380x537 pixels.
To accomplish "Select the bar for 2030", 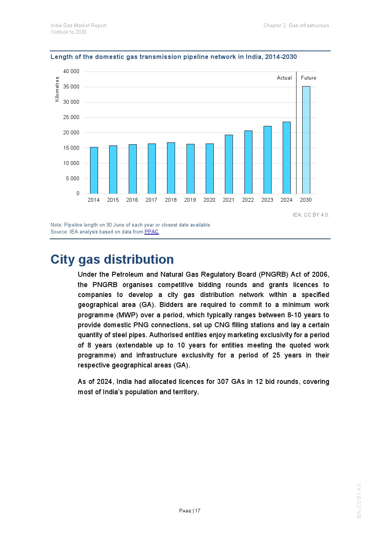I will point(306,140).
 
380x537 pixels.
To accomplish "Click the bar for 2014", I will point(94,170).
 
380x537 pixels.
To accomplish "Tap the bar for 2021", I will point(229,164).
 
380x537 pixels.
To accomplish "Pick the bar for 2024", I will point(287,158).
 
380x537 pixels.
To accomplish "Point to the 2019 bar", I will point(190,169).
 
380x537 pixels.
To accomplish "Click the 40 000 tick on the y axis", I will point(71,72).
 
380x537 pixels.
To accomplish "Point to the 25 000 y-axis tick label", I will point(71,118).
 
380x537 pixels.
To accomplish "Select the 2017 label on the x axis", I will point(151,200).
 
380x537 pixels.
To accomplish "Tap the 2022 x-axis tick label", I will point(248,200).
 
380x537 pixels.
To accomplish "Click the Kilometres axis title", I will point(57,89).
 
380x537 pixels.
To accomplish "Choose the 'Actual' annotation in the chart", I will point(284,78).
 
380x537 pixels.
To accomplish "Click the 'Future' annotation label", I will point(308,78).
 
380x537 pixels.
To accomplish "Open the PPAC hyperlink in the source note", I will point(151,232).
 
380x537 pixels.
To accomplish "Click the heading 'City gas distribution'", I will point(112,260).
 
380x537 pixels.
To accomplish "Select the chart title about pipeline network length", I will point(174,57).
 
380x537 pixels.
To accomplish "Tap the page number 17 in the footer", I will point(198,511).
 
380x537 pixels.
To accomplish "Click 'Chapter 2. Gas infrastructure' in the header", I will point(296,26).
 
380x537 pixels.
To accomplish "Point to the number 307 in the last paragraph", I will point(223,382).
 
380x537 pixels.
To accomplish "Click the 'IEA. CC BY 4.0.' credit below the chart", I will point(311,215).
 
